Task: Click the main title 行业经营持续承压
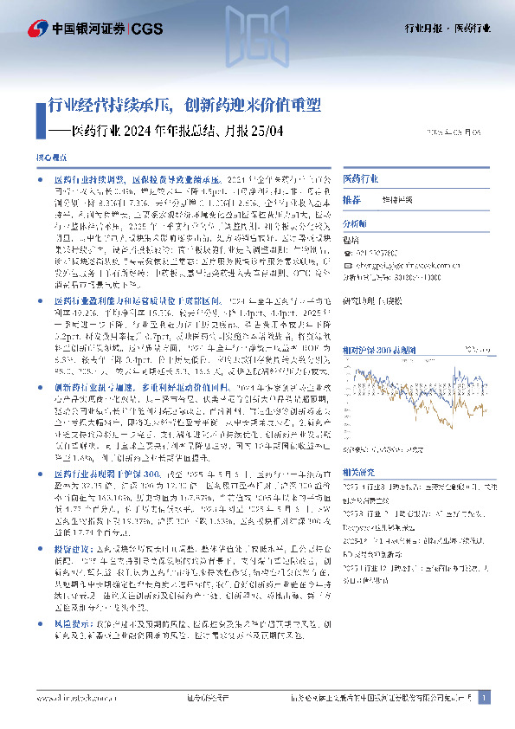pyautogui.click(x=105, y=106)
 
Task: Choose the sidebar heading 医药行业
pyautogui.click(x=360, y=178)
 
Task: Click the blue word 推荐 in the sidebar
pyautogui.click(x=351, y=200)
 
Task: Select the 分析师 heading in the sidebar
pyautogui.click(x=357, y=222)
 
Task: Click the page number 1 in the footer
pyautogui.click(x=485, y=697)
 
